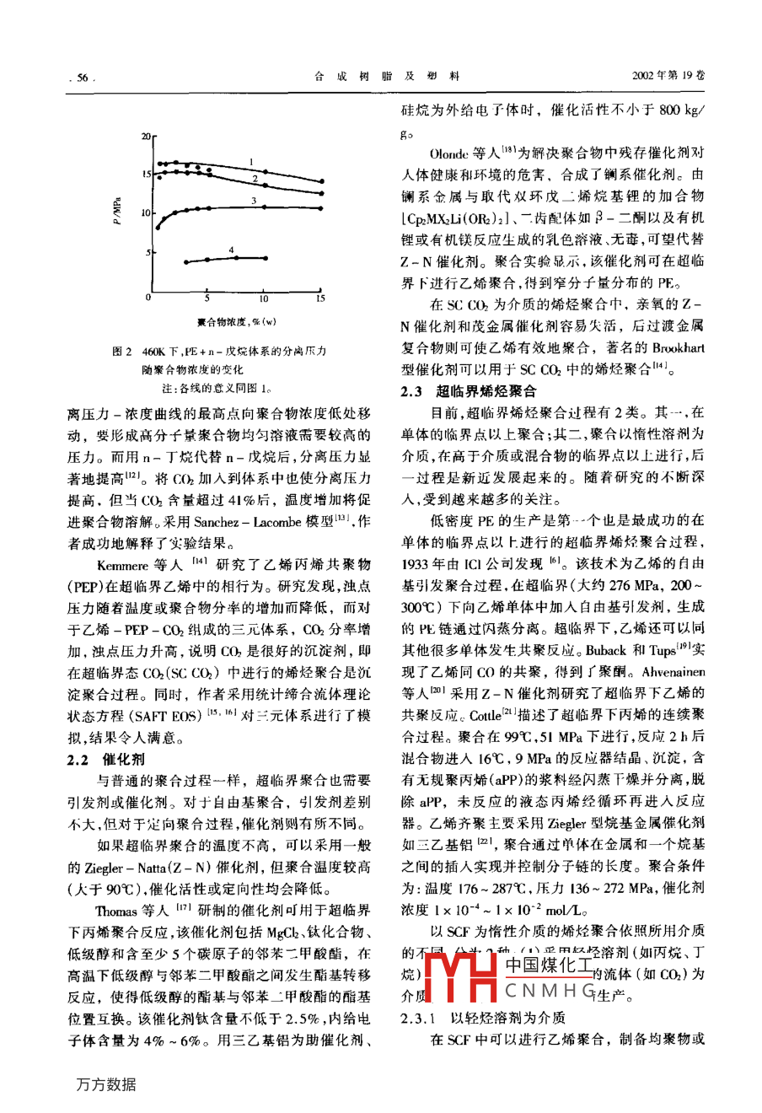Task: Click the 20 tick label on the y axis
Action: pos(144,135)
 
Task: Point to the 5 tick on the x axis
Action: pos(207,298)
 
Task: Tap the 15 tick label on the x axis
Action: pos(320,298)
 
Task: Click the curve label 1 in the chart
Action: pos(251,160)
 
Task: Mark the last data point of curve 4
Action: pos(264,257)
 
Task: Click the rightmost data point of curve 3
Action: pos(321,207)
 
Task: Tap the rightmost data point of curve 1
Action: pos(321,181)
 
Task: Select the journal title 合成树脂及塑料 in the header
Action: pos(387,76)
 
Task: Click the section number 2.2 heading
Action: pos(78,759)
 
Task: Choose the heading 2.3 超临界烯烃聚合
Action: pos(468,391)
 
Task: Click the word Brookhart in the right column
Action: pos(676,347)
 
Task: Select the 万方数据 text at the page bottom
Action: pos(105,1084)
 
